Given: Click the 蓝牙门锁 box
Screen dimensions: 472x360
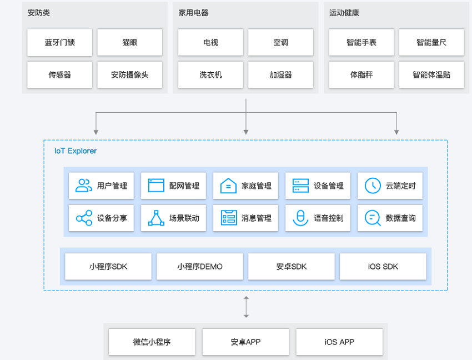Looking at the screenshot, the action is click(59, 42).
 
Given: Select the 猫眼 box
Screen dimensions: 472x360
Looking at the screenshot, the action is click(130, 42).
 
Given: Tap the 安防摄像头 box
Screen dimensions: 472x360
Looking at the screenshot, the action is click(130, 74).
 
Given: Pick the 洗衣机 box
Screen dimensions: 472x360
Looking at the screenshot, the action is click(210, 74).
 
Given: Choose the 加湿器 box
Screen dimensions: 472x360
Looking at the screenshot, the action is click(280, 74).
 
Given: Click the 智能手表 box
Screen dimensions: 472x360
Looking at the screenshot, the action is click(361, 42).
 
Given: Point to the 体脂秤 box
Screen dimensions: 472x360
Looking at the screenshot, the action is click(361, 74).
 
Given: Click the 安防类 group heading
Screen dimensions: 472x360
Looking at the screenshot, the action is click(38, 13).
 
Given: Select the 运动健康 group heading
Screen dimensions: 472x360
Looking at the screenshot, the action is click(344, 13).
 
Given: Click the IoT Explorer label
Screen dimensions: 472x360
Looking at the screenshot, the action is click(76, 151).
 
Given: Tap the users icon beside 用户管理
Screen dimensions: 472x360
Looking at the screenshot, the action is click(84, 186).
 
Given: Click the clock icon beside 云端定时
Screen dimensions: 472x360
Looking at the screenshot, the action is click(373, 186).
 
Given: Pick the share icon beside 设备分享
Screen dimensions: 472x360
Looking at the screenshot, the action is click(84, 218).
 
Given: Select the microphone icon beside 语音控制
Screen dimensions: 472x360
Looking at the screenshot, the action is click(300, 218).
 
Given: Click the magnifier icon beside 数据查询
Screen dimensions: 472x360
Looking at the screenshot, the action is click(373, 218).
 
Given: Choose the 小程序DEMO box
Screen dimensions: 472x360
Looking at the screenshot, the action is click(200, 267).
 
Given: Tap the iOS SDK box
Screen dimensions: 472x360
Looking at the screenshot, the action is click(383, 267).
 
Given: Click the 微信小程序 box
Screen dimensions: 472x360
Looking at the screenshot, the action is click(152, 342).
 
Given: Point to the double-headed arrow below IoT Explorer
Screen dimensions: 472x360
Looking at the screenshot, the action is click(246, 307).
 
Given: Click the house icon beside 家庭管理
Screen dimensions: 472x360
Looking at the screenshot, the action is click(228, 186).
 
